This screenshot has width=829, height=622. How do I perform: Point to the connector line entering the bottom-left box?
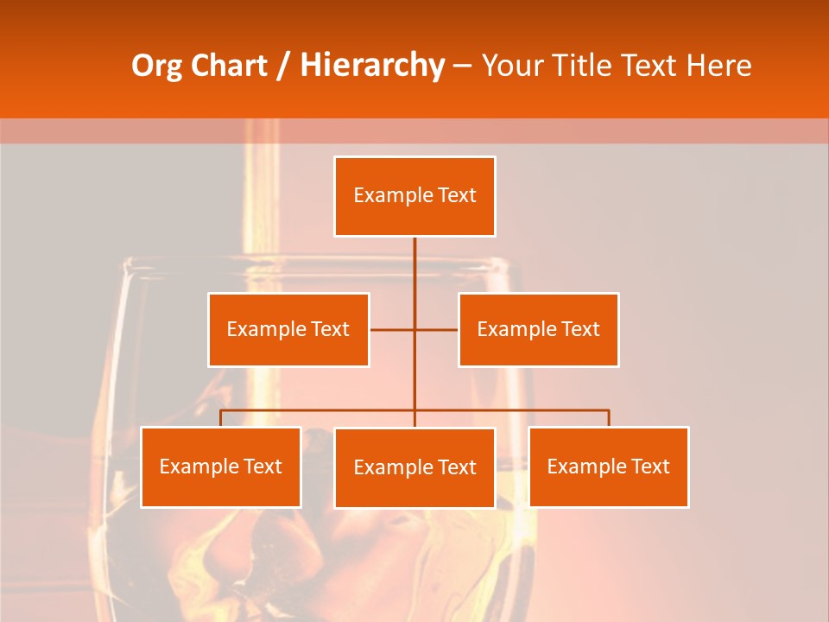(x=220, y=418)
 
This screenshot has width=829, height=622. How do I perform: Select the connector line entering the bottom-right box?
(x=609, y=418)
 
